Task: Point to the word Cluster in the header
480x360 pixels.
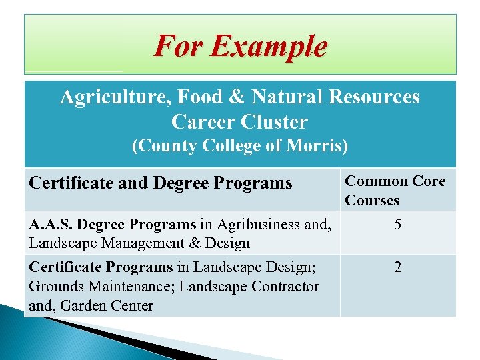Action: [275, 122]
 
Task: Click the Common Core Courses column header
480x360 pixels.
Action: [395, 191]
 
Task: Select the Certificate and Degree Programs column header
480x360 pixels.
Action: [161, 183]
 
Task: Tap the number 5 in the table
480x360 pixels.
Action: [397, 225]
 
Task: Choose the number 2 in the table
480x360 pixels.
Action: [397, 268]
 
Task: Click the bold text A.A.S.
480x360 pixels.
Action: [50, 225]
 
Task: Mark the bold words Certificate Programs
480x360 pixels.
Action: [101, 268]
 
